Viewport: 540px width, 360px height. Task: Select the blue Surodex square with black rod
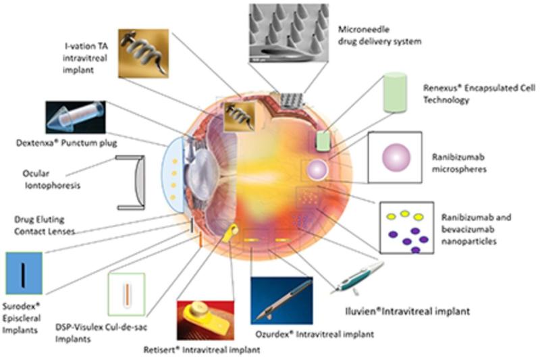[24, 274]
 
